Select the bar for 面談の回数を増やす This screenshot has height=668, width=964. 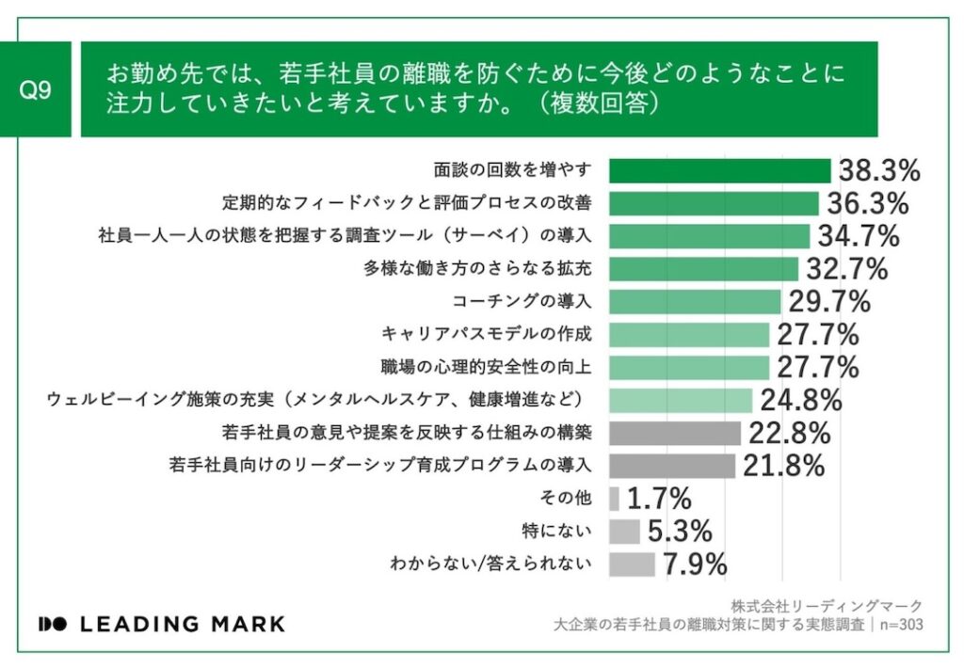[719, 170]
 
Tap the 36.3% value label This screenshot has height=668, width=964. [867, 203]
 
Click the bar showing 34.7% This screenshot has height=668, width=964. [709, 236]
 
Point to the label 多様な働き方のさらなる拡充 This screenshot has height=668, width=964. [478, 269]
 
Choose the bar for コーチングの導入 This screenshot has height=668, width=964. [695, 302]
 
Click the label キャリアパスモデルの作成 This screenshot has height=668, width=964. [487, 334]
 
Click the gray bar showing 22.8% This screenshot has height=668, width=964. [675, 433]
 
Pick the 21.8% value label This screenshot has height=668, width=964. [784, 466]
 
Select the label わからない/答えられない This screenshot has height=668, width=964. [490, 565]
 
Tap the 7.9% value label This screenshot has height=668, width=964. [695, 565]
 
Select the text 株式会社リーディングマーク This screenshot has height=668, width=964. [827, 606]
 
